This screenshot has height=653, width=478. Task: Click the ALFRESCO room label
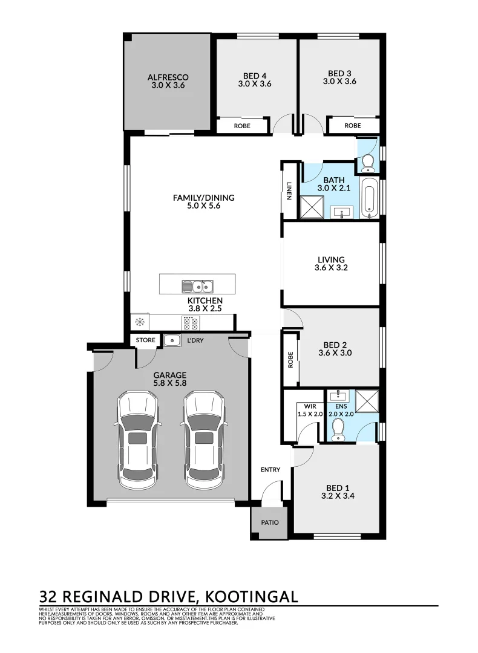click(x=168, y=77)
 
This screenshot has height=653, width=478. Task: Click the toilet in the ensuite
click(x=338, y=429)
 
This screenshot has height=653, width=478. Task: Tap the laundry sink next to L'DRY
click(x=172, y=340)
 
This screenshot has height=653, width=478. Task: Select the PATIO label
click(x=270, y=522)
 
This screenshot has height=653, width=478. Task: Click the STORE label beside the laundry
click(x=146, y=340)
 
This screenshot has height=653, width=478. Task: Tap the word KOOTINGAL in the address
click(x=253, y=597)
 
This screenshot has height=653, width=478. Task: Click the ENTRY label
click(x=270, y=470)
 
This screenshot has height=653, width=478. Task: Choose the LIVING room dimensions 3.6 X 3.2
click(x=331, y=270)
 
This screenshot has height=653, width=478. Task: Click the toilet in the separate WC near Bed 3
click(x=367, y=162)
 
